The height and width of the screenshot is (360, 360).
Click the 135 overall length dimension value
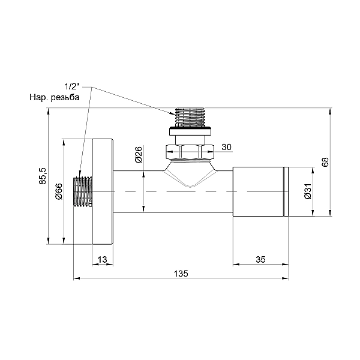click(181, 273)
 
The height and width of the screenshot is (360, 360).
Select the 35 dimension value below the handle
click(260, 259)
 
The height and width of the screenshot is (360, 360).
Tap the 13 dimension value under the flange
click(102, 259)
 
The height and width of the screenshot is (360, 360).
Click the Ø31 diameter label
click(307, 191)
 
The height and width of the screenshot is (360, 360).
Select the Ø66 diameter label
click(59, 191)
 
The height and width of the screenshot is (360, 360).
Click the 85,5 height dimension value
click(42, 178)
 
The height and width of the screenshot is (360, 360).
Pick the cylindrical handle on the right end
click(258, 191)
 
